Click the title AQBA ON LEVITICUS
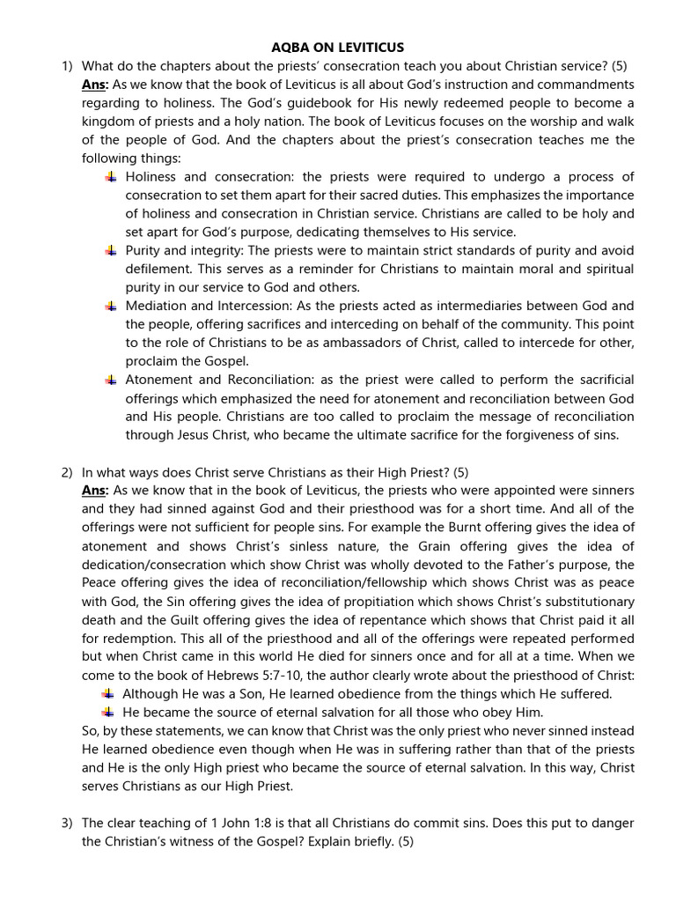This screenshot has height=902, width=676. (338, 48)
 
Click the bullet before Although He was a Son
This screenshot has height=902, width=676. (108, 693)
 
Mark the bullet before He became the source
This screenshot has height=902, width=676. (108, 712)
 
